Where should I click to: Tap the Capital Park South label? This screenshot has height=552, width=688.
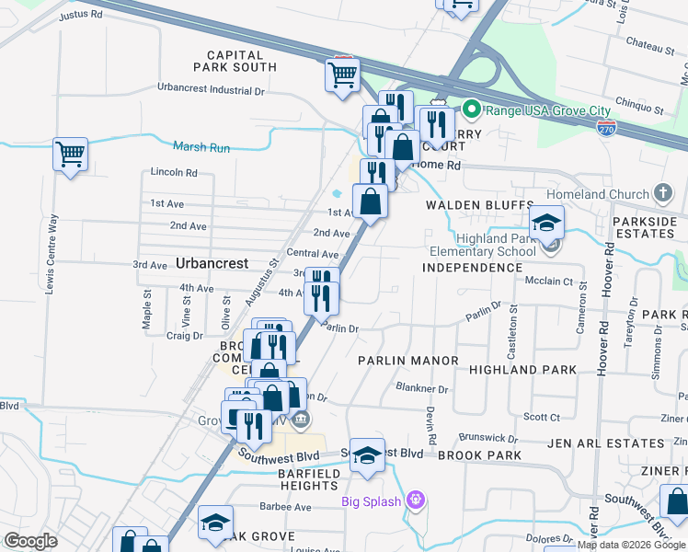235,62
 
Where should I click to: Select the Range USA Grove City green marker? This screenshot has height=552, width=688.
472,110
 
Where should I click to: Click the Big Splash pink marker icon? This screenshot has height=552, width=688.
416,500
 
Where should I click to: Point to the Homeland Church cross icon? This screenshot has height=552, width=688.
662,193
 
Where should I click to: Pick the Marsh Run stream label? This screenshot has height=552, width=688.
201,146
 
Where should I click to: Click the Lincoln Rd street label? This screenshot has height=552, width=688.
174,172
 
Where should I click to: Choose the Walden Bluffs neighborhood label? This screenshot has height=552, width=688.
478,204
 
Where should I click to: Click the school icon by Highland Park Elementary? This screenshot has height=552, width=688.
546,222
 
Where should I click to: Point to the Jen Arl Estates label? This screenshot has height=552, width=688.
605,443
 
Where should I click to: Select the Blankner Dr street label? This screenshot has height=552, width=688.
421,389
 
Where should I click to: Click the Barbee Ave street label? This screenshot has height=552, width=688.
286,507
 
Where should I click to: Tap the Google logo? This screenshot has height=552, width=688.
29,541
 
